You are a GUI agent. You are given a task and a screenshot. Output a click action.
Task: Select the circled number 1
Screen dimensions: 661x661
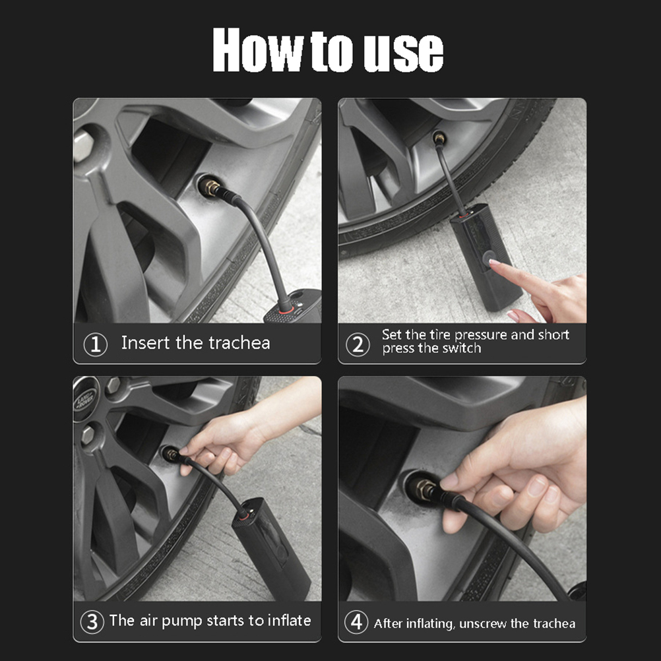tap(95, 344)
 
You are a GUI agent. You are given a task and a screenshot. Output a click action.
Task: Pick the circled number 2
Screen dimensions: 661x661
tap(358, 344)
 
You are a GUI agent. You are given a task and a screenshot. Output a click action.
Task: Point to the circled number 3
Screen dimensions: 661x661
tap(92, 622)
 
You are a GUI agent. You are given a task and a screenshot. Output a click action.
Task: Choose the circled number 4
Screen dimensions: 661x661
tap(356, 622)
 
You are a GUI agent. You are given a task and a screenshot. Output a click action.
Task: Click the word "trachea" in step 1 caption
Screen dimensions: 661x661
tap(239, 343)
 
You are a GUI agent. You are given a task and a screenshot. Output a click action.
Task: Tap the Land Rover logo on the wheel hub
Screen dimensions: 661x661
tap(84, 398)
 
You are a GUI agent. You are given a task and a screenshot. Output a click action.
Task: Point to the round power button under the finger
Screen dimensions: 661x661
tap(489, 257)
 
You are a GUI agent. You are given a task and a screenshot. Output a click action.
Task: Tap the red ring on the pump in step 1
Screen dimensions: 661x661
tap(286, 311)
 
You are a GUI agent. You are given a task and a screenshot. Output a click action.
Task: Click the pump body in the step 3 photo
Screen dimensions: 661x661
tap(270, 548)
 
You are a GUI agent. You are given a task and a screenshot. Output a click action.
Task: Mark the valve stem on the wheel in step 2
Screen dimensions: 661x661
tap(439, 138)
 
